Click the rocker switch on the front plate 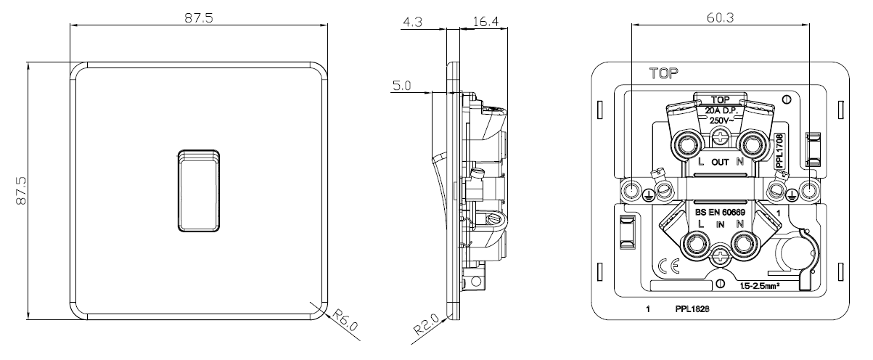pos(199,191)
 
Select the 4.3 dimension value pos(412,22)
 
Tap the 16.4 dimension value pos(485,22)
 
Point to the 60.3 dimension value pos(720,17)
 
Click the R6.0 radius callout pos(345,320)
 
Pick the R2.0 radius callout pos(426,324)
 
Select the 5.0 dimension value pos(401,86)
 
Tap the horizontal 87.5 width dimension pos(199,18)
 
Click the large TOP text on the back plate pos(663,73)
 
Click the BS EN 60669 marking pos(720,213)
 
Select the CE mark pos(669,266)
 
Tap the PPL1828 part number pos(692,309)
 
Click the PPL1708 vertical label pos(779,151)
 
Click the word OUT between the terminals pos(720,162)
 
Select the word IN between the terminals pos(720,225)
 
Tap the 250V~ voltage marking pos(722,120)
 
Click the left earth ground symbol pos(647,195)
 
